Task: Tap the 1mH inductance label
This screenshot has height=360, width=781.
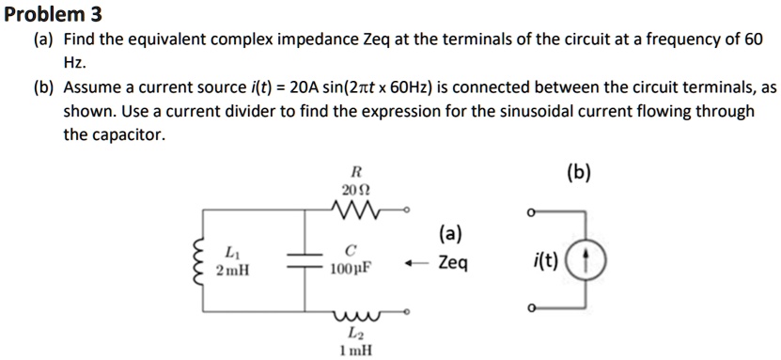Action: tap(354, 351)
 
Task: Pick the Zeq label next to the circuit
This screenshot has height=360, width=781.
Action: tap(452, 263)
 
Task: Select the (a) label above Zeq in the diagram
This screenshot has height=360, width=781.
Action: tap(450, 233)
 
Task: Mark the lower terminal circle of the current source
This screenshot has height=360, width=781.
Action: tap(534, 307)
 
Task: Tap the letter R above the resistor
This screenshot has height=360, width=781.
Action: tap(354, 173)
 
